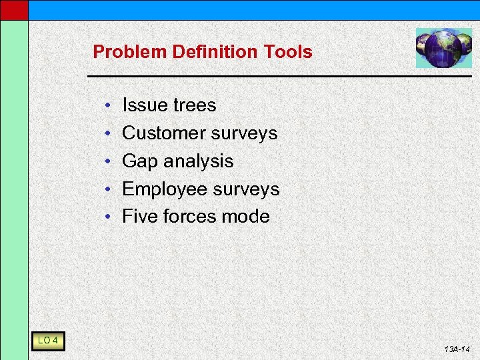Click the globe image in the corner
coord(443,48)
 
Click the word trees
coord(194,105)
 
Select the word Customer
coord(164,133)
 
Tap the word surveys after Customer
coord(244,134)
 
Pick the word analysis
coord(199,161)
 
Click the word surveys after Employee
coord(246,190)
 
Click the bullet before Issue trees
coord(107,106)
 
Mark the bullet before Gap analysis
coord(107,162)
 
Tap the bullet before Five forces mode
coord(107,217)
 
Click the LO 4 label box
coord(48,341)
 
